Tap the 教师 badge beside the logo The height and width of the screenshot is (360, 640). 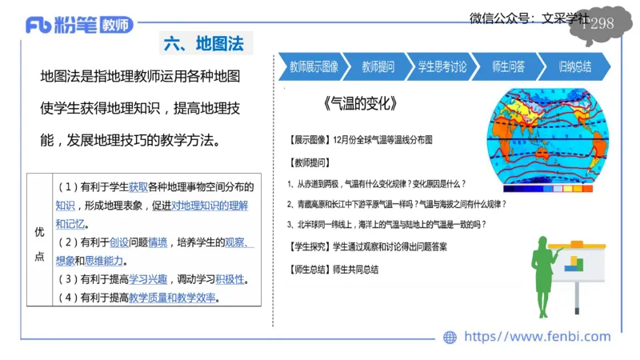click(117, 25)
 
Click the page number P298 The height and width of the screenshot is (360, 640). click(597, 23)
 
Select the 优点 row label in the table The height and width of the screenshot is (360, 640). click(39, 243)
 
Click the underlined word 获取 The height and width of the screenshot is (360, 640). click(139, 186)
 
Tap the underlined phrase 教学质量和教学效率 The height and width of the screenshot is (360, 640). click(173, 298)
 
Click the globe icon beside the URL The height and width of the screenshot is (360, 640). click(450, 338)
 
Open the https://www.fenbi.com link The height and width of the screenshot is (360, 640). click(537, 337)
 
